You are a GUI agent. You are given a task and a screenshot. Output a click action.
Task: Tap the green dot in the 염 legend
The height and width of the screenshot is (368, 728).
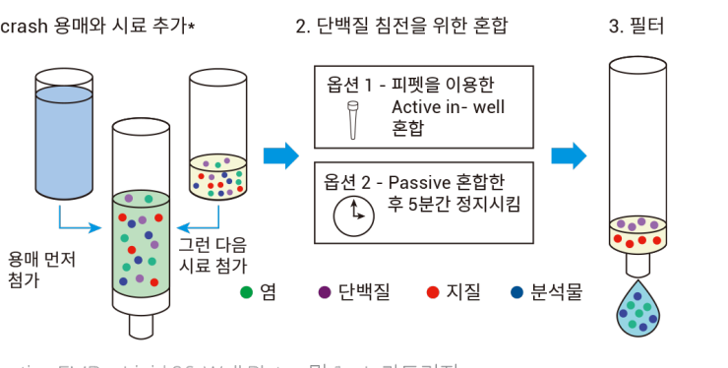tap(247, 291)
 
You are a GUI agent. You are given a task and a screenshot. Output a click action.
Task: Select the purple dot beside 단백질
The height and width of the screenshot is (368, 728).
tap(324, 291)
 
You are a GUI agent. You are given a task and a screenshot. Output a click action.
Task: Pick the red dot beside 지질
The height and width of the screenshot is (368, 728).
tap(432, 291)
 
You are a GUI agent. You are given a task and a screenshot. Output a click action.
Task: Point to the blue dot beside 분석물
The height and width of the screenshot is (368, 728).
tap(517, 291)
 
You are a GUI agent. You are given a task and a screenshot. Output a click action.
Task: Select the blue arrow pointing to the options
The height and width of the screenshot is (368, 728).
tap(280, 155)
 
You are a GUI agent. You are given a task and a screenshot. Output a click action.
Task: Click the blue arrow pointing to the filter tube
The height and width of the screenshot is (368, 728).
tap(568, 155)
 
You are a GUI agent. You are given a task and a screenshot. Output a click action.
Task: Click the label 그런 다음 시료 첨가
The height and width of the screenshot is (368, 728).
tap(212, 254)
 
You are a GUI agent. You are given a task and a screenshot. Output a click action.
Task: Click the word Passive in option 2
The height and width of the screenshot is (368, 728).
tap(422, 183)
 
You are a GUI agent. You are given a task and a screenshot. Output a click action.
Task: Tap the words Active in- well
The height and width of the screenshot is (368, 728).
tap(448, 106)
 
